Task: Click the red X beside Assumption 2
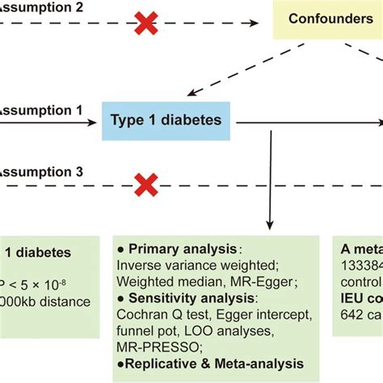click(x=145, y=23)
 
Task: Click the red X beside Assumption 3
click(x=145, y=186)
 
